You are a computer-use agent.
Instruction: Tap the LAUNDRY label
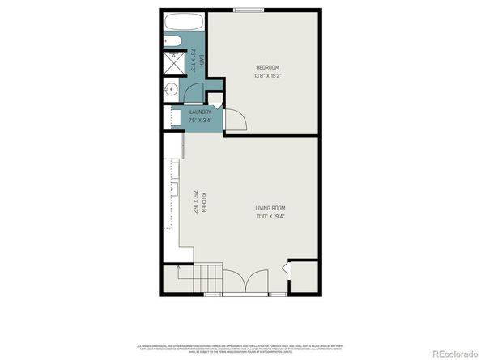click(x=200, y=112)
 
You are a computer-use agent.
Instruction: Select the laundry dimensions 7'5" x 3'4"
click(x=200, y=120)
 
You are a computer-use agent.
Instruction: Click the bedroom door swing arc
click(x=236, y=120)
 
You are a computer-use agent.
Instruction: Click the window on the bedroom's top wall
click(x=242, y=10)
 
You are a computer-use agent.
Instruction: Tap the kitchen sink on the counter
click(x=172, y=190)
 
